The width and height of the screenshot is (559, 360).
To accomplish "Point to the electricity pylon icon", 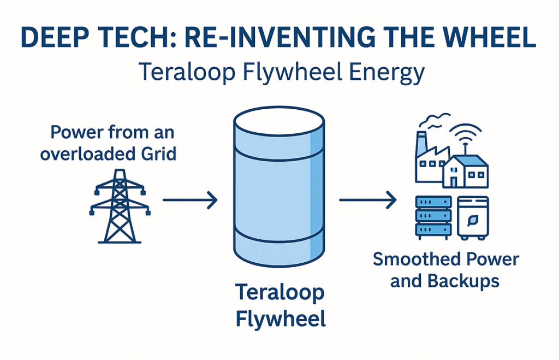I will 118,206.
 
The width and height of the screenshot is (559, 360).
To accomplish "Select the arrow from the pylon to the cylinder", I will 190,200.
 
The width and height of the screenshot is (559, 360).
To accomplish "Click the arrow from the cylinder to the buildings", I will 367,200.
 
